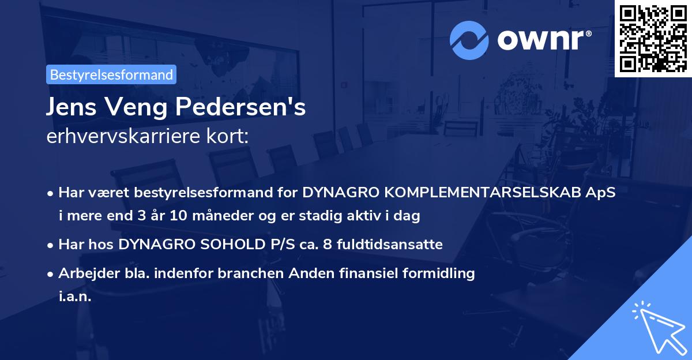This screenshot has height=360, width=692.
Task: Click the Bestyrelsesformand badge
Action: [111, 74]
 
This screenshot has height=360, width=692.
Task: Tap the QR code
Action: [653, 38]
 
